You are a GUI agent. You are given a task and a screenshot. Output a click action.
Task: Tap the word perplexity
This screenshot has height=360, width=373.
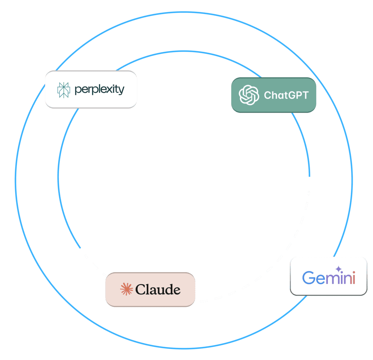click(x=99, y=90)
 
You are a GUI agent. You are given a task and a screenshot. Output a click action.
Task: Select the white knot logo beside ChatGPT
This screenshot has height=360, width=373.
click(x=249, y=95)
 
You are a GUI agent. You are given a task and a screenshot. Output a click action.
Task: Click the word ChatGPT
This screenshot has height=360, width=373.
click(x=286, y=95)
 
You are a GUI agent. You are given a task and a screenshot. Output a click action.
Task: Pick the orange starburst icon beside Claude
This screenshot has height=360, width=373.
click(x=126, y=289)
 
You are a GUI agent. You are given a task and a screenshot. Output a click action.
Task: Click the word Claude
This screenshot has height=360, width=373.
click(x=158, y=290)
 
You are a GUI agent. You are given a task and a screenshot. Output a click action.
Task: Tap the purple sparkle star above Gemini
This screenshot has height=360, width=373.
click(x=338, y=269)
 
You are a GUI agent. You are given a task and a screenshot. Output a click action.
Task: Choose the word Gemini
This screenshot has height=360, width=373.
click(x=329, y=278)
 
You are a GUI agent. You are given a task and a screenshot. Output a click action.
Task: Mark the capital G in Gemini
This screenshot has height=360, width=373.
click(x=309, y=278)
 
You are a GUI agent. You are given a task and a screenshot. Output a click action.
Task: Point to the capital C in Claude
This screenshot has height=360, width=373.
click(x=140, y=290)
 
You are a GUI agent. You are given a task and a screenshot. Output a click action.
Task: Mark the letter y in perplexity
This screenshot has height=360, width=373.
click(x=121, y=90)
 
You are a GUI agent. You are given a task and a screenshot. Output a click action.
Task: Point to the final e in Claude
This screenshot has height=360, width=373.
click(x=177, y=290)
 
